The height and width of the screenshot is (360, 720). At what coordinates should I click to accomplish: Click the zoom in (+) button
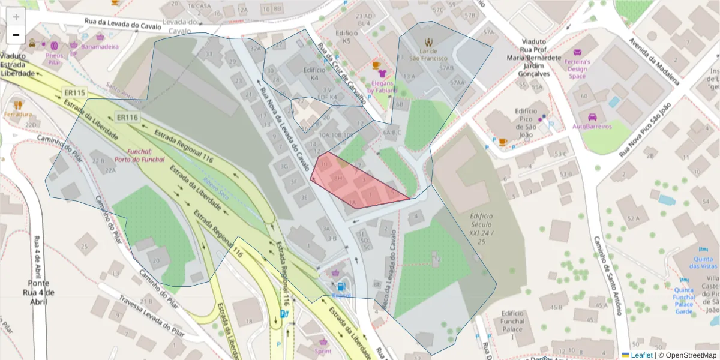pyautogui.click(x=16, y=17)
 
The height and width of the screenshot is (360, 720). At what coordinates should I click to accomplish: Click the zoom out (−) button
pyautogui.click(x=16, y=35)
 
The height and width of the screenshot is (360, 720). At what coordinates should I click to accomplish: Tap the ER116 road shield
pyautogui.click(x=127, y=118)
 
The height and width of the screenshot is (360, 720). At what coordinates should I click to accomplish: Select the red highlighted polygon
pyautogui.click(x=354, y=183)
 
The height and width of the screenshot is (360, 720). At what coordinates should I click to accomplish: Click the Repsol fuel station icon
pyautogui.click(x=341, y=287)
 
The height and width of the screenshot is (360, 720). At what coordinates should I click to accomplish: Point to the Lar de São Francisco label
pyautogui.click(x=428, y=54)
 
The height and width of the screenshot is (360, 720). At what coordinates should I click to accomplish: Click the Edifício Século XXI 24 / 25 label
pyautogui.click(x=481, y=229)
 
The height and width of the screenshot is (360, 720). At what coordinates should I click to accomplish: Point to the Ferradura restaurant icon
pyautogui.click(x=17, y=105)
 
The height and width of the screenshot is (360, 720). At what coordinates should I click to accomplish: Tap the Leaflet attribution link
pyautogui.click(x=641, y=355)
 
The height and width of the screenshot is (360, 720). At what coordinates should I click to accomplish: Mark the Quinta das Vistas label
pyautogui.click(x=703, y=262)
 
